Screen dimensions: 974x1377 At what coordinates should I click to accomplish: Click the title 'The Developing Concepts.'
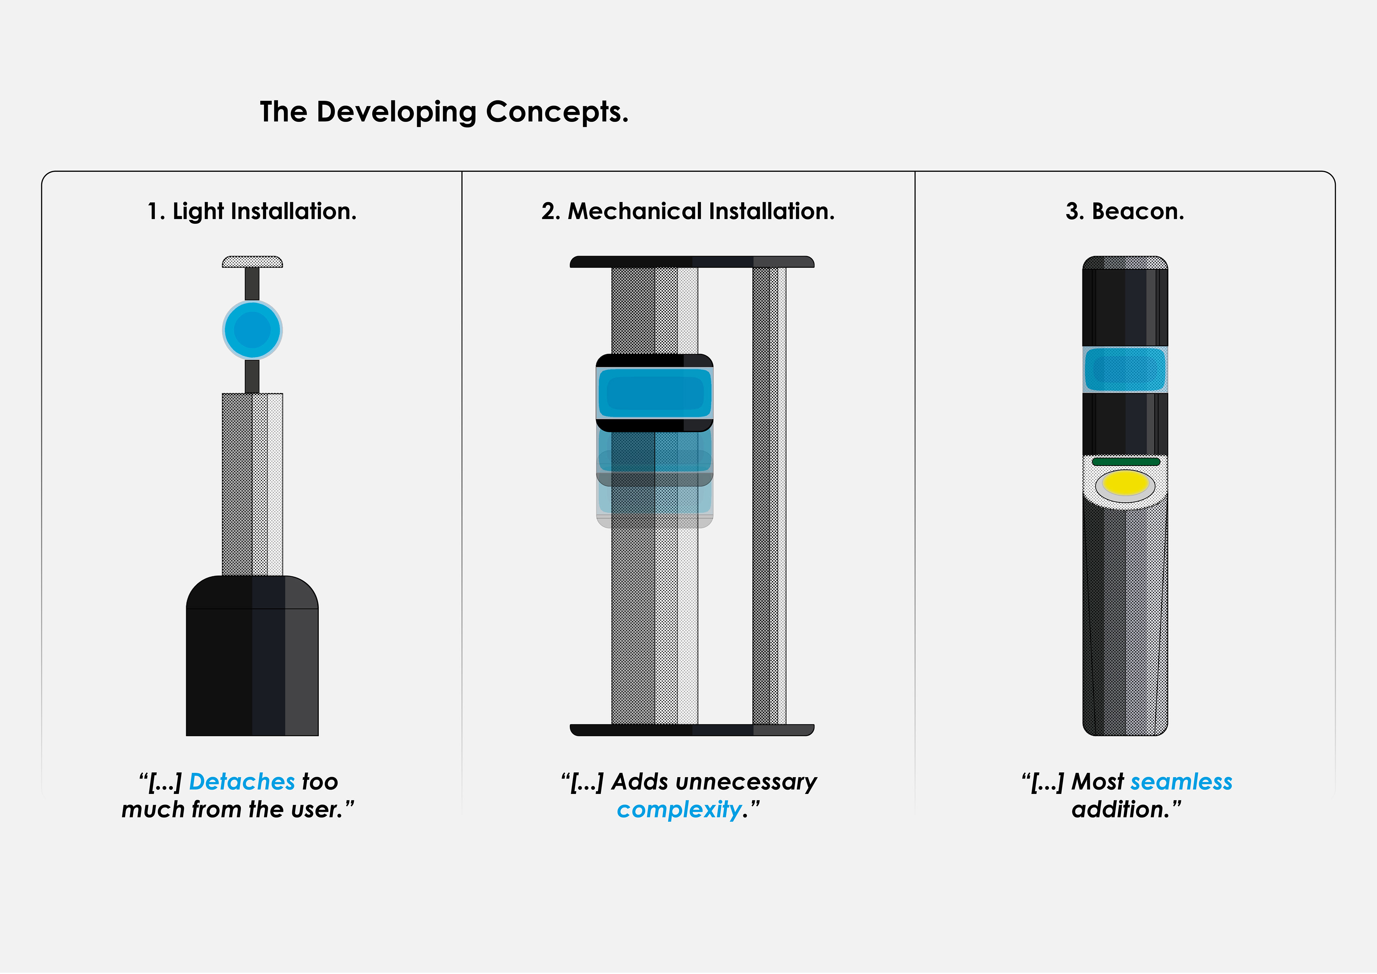click(444, 112)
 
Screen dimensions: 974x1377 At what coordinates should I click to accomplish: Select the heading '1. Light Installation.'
click(252, 211)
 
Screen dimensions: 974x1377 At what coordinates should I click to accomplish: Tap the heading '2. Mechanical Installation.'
click(687, 211)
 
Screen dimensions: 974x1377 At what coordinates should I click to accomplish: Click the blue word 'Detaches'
click(242, 781)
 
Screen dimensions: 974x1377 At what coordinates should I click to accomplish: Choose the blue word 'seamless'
click(1181, 781)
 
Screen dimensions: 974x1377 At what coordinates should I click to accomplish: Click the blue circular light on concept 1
click(252, 330)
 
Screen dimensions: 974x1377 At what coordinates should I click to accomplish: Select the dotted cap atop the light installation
click(252, 261)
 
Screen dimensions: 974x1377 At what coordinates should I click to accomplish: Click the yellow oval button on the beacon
click(1125, 483)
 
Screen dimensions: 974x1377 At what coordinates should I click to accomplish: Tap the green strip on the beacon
click(1125, 461)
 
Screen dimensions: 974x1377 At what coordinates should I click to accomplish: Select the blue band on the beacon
click(1125, 369)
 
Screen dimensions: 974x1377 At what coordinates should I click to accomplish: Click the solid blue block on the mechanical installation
click(654, 393)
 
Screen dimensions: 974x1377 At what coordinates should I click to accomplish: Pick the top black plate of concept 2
click(691, 261)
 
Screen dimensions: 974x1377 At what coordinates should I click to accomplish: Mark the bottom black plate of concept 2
click(691, 730)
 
